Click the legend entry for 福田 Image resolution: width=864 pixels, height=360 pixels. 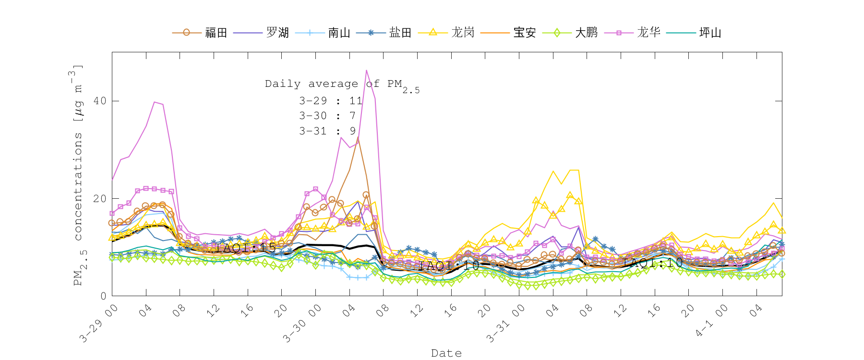(x=216, y=33)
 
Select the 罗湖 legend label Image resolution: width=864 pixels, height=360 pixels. (x=277, y=33)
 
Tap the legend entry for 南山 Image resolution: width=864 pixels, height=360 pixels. (x=339, y=33)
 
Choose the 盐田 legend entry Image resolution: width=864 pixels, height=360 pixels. (x=400, y=33)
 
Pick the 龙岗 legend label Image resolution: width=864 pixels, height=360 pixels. (x=463, y=33)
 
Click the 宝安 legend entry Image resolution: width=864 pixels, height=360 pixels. (x=524, y=33)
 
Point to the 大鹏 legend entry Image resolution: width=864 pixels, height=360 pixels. (x=586, y=33)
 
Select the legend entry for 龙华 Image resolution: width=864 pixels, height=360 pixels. (x=648, y=33)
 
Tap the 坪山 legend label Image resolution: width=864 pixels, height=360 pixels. (x=710, y=33)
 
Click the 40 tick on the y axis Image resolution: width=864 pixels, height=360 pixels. (x=100, y=101)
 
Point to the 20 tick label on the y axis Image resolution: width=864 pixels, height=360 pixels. (x=100, y=198)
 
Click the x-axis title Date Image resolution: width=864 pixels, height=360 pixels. (x=446, y=353)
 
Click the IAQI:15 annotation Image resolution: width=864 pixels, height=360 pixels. (x=246, y=248)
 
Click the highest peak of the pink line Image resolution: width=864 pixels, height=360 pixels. (x=367, y=70)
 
